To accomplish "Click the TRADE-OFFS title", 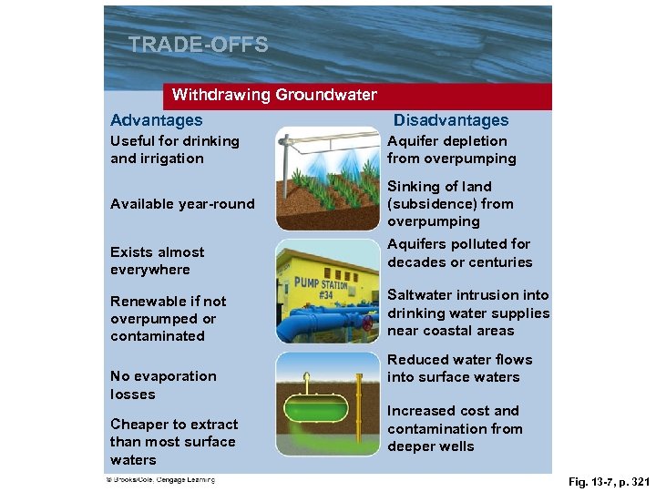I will (x=199, y=45).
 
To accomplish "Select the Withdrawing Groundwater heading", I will (x=274, y=95).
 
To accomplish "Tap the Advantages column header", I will (x=157, y=120).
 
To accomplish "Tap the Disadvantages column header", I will (x=451, y=120).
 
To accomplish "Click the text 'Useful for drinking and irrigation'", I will (x=175, y=149).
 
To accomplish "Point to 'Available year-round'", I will (x=182, y=204).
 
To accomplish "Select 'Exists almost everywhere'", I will (x=157, y=261).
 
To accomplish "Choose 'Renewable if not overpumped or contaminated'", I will (x=169, y=318).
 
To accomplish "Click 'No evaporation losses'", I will (x=163, y=384).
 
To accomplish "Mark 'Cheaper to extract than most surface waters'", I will (x=174, y=442).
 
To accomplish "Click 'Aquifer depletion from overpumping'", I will (x=451, y=149).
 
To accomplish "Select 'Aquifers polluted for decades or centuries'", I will (x=459, y=253).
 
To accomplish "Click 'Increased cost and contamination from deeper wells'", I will (x=455, y=428).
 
